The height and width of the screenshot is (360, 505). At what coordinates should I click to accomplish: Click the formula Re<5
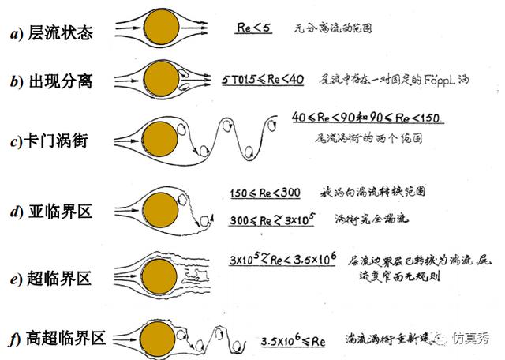click(x=254, y=26)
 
